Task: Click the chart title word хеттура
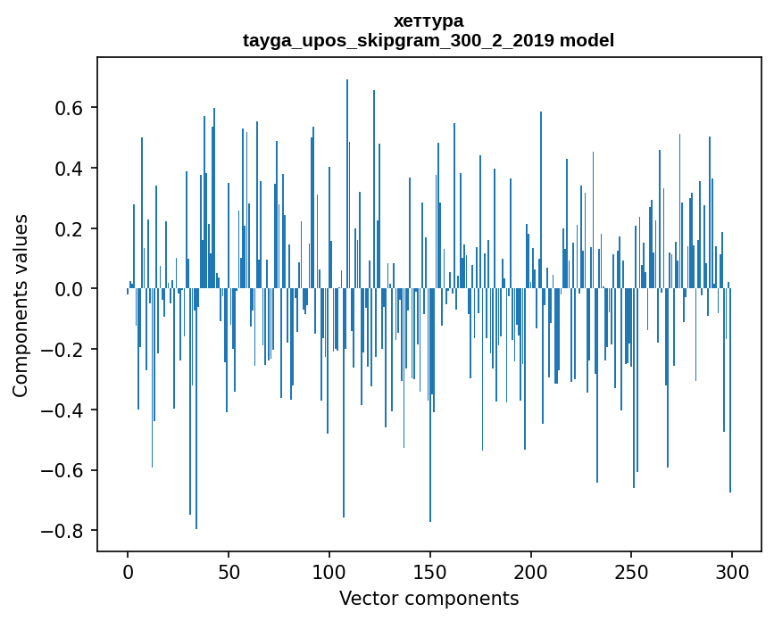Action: (x=429, y=21)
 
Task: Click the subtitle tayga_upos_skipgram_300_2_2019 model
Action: (x=429, y=40)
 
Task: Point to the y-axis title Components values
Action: (x=21, y=305)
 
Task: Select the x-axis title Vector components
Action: (x=429, y=598)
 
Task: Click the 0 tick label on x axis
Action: (x=128, y=570)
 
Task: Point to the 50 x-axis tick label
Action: (x=229, y=570)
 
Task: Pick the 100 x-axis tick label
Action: (x=329, y=570)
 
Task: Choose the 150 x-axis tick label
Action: (x=430, y=570)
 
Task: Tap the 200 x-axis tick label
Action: (x=530, y=570)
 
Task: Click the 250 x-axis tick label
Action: (x=631, y=570)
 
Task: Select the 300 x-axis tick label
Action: (x=732, y=570)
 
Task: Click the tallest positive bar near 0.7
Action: (x=347, y=178)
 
